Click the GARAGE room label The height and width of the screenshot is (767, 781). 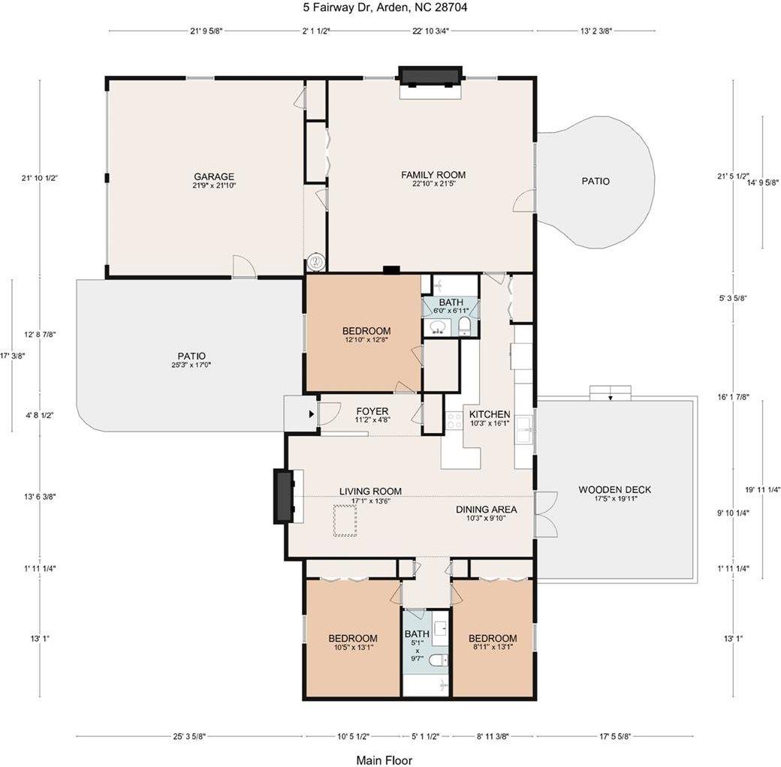(214, 176)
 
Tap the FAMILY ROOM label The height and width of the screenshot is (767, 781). (433, 175)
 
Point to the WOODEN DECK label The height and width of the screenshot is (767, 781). (614, 490)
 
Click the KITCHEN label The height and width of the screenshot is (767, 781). (490, 414)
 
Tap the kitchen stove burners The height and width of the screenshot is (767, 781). (454, 421)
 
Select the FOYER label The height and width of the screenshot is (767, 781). (372, 411)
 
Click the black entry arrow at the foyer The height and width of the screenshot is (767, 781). (312, 414)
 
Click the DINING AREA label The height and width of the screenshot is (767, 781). (486, 509)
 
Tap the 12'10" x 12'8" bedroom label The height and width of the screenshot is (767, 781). (366, 331)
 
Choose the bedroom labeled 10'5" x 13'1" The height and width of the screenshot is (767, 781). (353, 638)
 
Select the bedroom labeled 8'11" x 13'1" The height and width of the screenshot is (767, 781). (493, 638)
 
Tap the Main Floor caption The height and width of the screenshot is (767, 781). (384, 760)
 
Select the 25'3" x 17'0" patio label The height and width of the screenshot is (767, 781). (191, 356)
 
